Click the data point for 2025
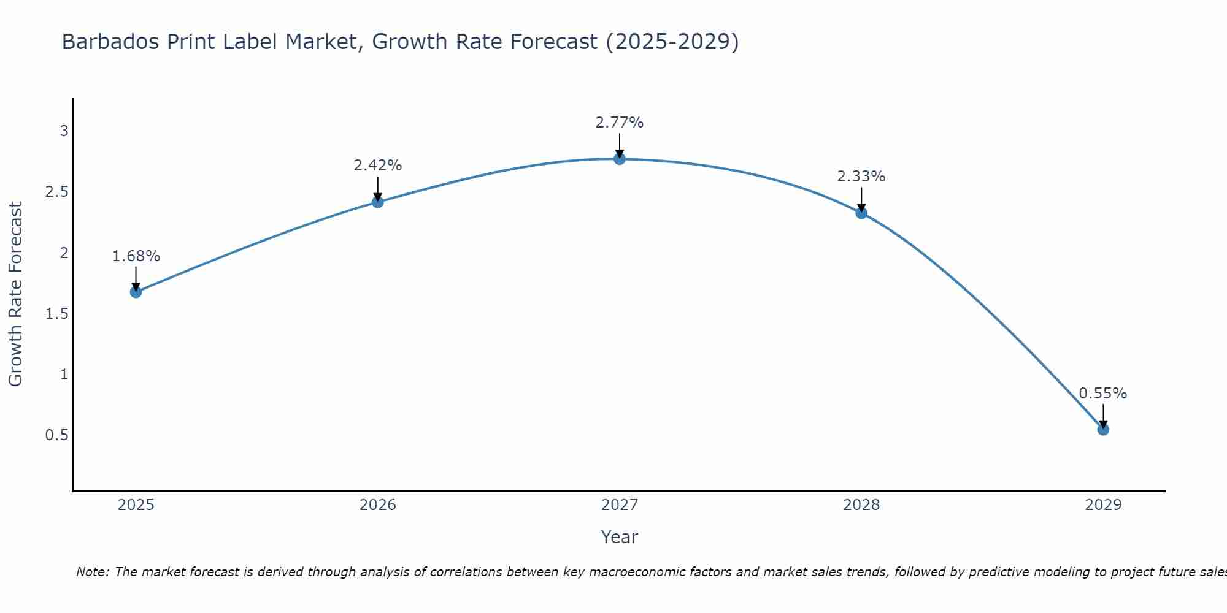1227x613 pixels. (136, 292)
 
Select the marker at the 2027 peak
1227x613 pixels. (620, 159)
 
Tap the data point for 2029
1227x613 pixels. (1103, 429)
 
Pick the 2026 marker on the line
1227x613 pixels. (378, 202)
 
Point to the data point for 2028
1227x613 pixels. (861, 213)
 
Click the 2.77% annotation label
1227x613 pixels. (620, 123)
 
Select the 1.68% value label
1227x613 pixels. (136, 256)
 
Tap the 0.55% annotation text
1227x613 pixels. (1103, 394)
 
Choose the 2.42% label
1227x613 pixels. (378, 166)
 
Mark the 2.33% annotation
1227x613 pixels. (861, 177)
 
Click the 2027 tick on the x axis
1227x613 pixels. (620, 505)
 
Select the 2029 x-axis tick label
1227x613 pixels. (1103, 505)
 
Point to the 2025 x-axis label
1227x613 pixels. (136, 505)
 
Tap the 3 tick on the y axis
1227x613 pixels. (64, 131)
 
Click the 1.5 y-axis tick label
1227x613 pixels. (56, 313)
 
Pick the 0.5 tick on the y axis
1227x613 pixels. (56, 435)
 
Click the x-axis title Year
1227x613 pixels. (620, 537)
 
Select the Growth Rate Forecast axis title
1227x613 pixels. (15, 294)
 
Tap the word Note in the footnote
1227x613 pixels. (92, 572)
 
